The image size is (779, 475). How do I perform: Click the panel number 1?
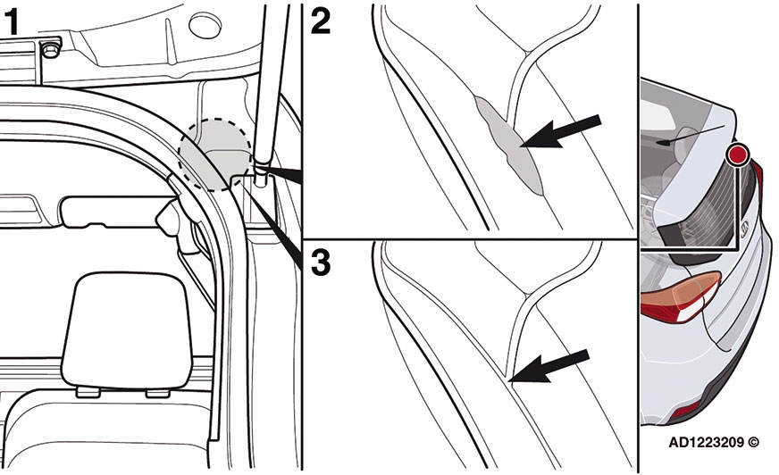pyautogui.click(x=12, y=23)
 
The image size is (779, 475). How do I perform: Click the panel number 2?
pyautogui.click(x=321, y=21)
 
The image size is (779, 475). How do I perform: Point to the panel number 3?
pyautogui.click(x=321, y=262)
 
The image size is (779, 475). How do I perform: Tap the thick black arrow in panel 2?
pyautogui.click(x=561, y=131)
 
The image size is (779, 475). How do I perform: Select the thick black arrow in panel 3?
pyautogui.click(x=549, y=366)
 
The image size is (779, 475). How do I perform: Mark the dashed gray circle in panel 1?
pyautogui.click(x=215, y=154)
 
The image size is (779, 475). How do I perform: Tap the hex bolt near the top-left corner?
pyautogui.click(x=50, y=48)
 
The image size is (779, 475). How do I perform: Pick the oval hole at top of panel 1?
pyautogui.click(x=205, y=26)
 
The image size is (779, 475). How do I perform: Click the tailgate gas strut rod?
pyautogui.click(x=272, y=85)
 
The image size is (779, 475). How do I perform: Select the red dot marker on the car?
pyautogui.click(x=738, y=155)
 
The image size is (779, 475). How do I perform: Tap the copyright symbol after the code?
pyautogui.click(x=753, y=442)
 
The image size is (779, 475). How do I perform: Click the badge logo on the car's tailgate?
pyautogui.click(x=744, y=224)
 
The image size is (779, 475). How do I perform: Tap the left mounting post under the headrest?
pyautogui.click(x=88, y=392)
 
